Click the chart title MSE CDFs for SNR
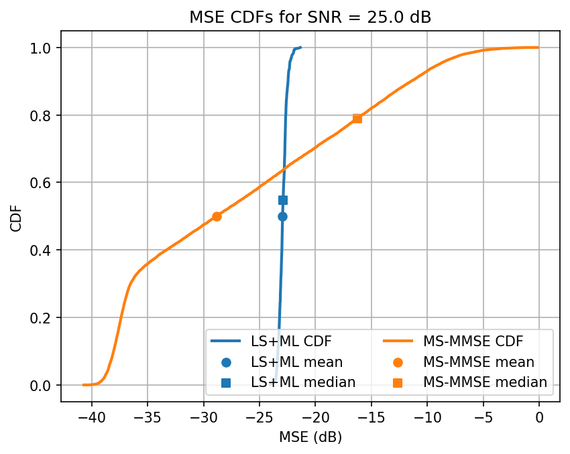[310, 17]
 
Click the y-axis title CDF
[16, 216]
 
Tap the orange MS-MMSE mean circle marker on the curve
[217, 216]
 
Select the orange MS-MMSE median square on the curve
[357, 119]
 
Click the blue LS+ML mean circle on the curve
[282, 216]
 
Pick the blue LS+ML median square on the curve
[283, 200]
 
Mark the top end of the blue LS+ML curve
[300, 48]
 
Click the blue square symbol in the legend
[226, 382]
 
